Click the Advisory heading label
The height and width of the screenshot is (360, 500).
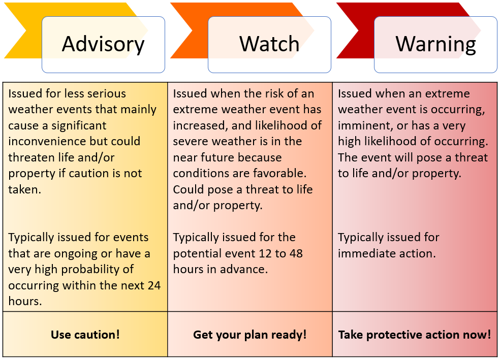[103, 45]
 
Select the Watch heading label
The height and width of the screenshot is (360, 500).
[269, 44]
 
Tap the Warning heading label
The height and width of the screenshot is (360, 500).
[435, 45]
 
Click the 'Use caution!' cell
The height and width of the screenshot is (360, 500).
[85, 335]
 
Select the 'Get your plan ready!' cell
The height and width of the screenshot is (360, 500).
[250, 335]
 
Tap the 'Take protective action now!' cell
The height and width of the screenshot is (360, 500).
[415, 335]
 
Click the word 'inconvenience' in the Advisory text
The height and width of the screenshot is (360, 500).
[47, 141]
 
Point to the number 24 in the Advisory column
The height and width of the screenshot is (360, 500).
[153, 285]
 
